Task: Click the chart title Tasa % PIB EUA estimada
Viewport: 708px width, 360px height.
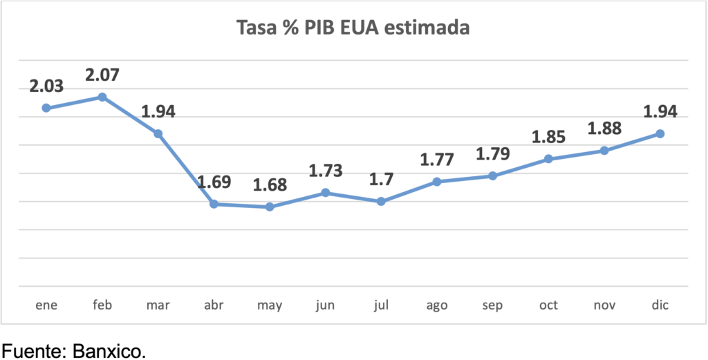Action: click(353, 28)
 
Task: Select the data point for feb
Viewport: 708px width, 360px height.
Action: click(102, 97)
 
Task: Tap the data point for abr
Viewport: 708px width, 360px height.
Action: click(214, 204)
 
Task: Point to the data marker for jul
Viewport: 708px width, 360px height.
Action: click(381, 201)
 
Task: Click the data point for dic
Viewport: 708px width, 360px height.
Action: click(660, 133)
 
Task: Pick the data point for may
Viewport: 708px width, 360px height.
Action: click(270, 207)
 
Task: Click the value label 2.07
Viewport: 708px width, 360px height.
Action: click(102, 74)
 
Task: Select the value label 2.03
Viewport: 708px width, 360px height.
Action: click(46, 86)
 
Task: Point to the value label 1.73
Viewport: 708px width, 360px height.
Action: click(325, 170)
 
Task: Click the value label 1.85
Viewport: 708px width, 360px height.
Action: click(548, 136)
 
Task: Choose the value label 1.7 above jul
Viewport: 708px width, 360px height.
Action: click(381, 179)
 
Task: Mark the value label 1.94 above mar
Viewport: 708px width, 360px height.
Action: click(158, 111)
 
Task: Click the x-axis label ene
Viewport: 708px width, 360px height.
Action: click(46, 305)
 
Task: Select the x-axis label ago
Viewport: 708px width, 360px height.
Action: click(437, 305)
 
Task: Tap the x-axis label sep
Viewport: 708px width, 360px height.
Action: click(493, 305)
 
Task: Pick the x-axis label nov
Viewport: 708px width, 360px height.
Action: click(604, 305)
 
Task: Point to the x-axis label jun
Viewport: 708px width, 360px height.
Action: click(325, 305)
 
